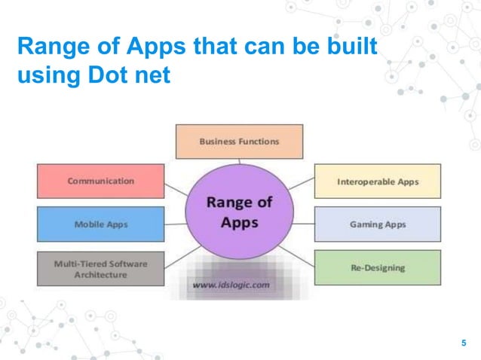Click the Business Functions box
click(x=239, y=141)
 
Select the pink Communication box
click(x=100, y=182)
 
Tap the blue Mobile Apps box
click(x=100, y=224)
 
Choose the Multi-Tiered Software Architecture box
click(x=100, y=269)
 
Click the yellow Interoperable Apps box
click(x=377, y=182)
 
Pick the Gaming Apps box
click(x=377, y=224)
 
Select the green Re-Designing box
click(x=377, y=267)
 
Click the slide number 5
click(x=464, y=344)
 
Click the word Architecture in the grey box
click(x=100, y=275)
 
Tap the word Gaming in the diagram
click(x=366, y=224)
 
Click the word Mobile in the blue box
click(x=89, y=224)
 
